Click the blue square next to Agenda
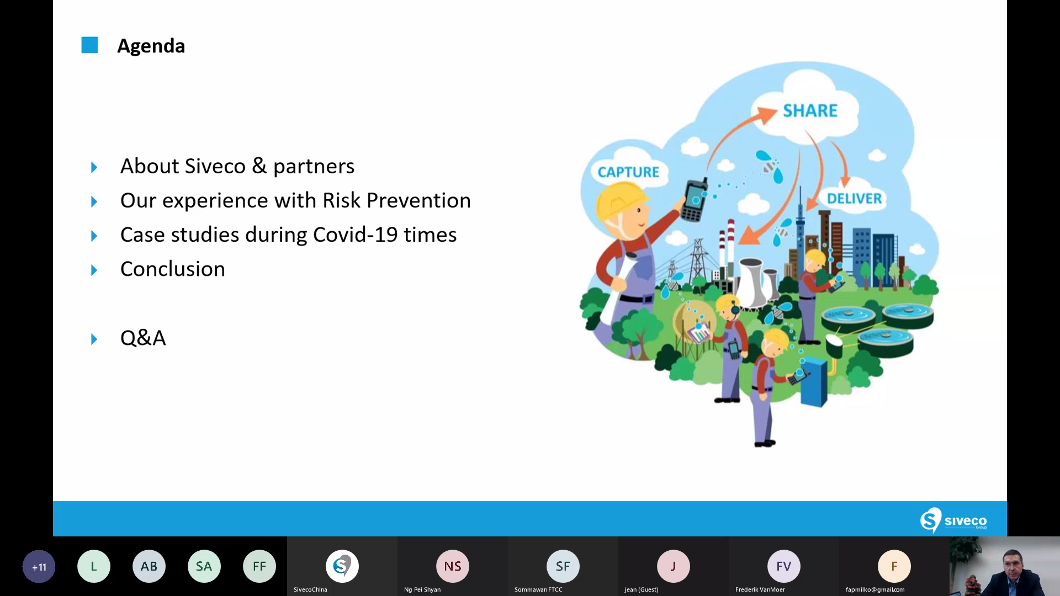[89, 45]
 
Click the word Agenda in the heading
[151, 46]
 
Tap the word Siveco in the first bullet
[215, 166]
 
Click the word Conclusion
[173, 269]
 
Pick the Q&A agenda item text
[143, 338]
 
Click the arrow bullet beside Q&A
[94, 339]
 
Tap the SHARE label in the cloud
[810, 110]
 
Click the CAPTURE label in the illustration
[628, 172]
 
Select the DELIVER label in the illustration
[854, 199]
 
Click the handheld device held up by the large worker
[695, 199]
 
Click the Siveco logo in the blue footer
[953, 520]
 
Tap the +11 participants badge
[39, 566]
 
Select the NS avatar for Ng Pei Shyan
[453, 566]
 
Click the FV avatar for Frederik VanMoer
[784, 566]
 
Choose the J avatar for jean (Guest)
[674, 566]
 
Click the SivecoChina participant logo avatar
[342, 566]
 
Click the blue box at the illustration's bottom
[814, 381]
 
